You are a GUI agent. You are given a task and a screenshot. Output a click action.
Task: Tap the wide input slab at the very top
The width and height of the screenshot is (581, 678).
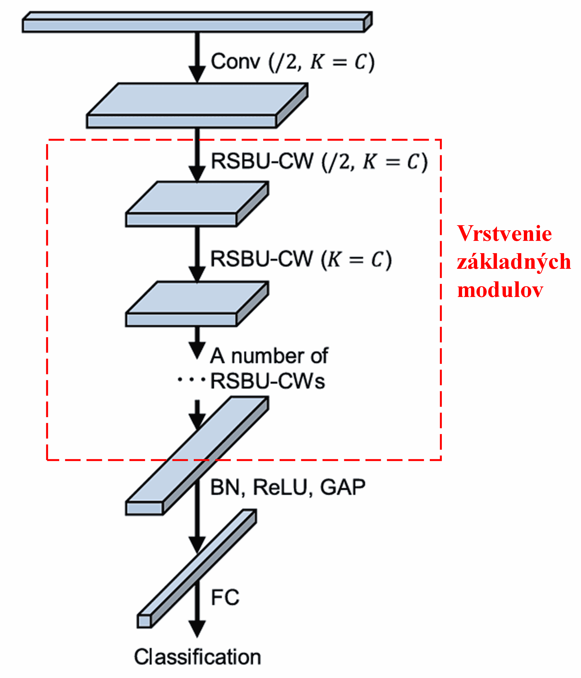pos(193,26)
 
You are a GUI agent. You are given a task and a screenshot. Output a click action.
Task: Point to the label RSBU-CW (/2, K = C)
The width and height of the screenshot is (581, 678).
pos(319,161)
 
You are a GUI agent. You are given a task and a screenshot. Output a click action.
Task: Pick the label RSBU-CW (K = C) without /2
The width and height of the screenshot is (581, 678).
pos(300,259)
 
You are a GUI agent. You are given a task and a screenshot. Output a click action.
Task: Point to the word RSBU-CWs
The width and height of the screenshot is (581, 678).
pos(267,381)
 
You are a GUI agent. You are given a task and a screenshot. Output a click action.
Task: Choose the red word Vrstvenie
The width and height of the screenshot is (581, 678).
pos(504,234)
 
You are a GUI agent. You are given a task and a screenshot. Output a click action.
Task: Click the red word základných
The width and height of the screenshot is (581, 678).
pos(514,262)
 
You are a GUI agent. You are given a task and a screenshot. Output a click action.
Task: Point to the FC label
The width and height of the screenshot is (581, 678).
pos(225,598)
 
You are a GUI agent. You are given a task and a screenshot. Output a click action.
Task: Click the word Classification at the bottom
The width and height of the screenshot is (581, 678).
pos(197,657)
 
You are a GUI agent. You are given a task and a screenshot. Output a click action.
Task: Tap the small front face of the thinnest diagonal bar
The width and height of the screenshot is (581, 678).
pos(144,621)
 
